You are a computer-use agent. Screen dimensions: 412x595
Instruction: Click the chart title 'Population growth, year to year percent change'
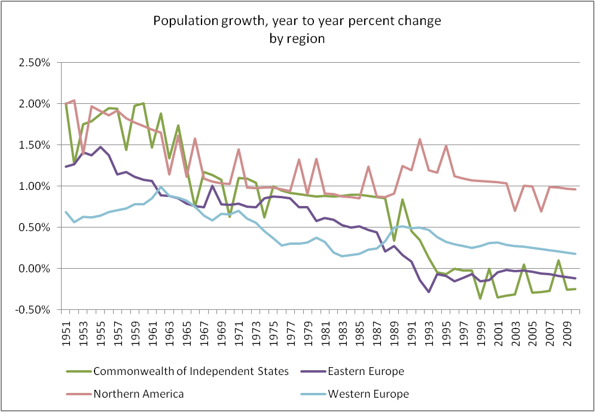click(x=297, y=21)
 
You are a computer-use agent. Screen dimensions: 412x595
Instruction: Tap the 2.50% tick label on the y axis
click(x=40, y=63)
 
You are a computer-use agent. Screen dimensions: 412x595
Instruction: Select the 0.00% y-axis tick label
click(x=40, y=269)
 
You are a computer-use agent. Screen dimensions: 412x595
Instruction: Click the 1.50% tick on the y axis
click(x=40, y=145)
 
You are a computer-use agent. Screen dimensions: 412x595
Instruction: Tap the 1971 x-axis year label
click(x=238, y=328)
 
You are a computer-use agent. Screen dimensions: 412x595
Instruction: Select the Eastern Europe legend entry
click(x=365, y=371)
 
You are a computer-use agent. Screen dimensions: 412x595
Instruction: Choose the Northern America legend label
click(x=139, y=393)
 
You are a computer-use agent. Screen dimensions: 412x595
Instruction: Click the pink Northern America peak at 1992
click(x=420, y=139)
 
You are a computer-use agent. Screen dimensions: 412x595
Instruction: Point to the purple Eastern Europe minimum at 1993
click(x=429, y=292)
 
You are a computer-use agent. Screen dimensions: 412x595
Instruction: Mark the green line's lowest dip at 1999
click(x=480, y=298)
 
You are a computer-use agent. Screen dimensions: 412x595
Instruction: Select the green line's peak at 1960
click(x=144, y=103)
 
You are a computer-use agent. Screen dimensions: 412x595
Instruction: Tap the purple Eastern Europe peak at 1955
click(x=100, y=147)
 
